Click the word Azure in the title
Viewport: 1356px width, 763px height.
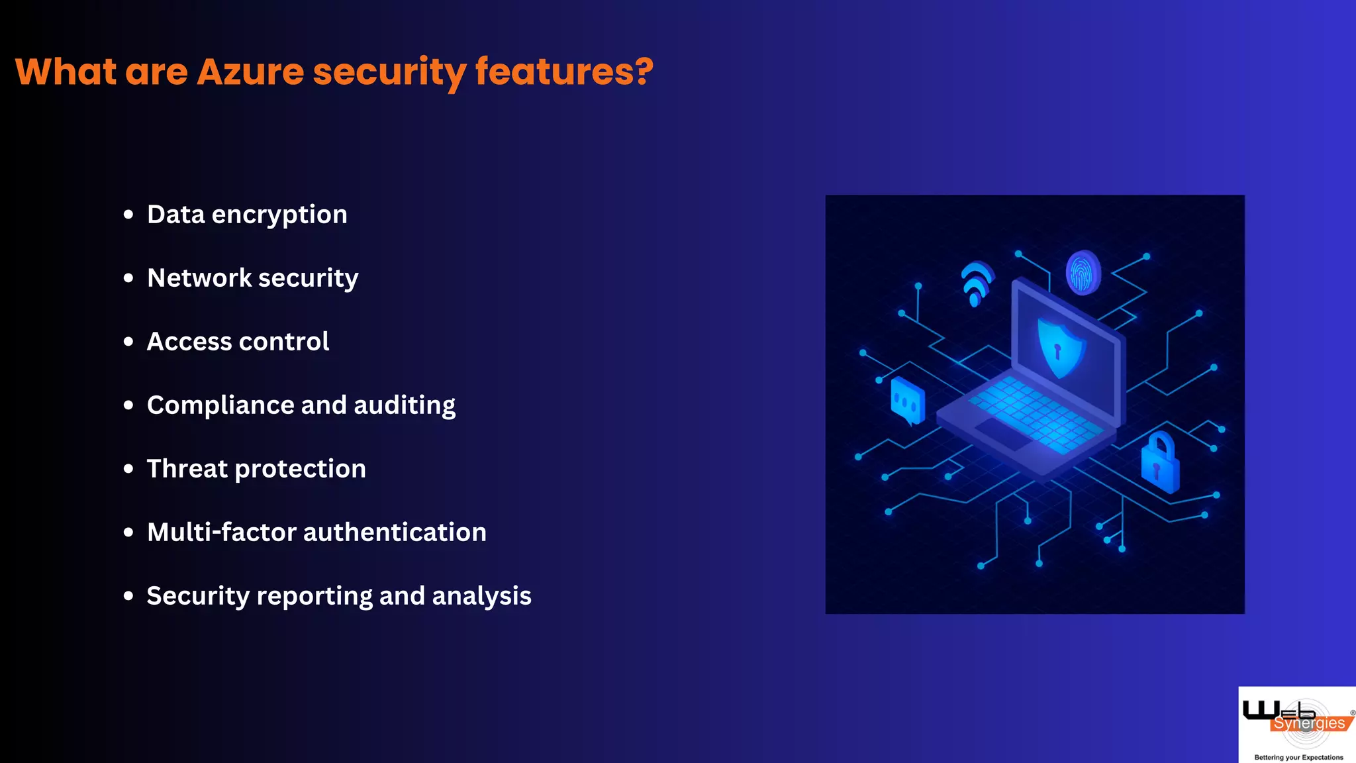[x=250, y=72]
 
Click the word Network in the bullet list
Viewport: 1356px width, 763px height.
[x=199, y=278]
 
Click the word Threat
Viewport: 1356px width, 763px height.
[x=187, y=469]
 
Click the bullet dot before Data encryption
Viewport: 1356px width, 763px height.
[x=128, y=215]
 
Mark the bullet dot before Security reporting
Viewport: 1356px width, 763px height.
[x=128, y=596]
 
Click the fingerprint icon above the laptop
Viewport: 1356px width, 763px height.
[x=1083, y=272]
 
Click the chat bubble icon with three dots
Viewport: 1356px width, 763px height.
[x=907, y=401]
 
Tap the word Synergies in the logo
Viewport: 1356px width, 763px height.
[x=1309, y=723]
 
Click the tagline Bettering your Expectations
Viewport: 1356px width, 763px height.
[x=1298, y=757]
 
